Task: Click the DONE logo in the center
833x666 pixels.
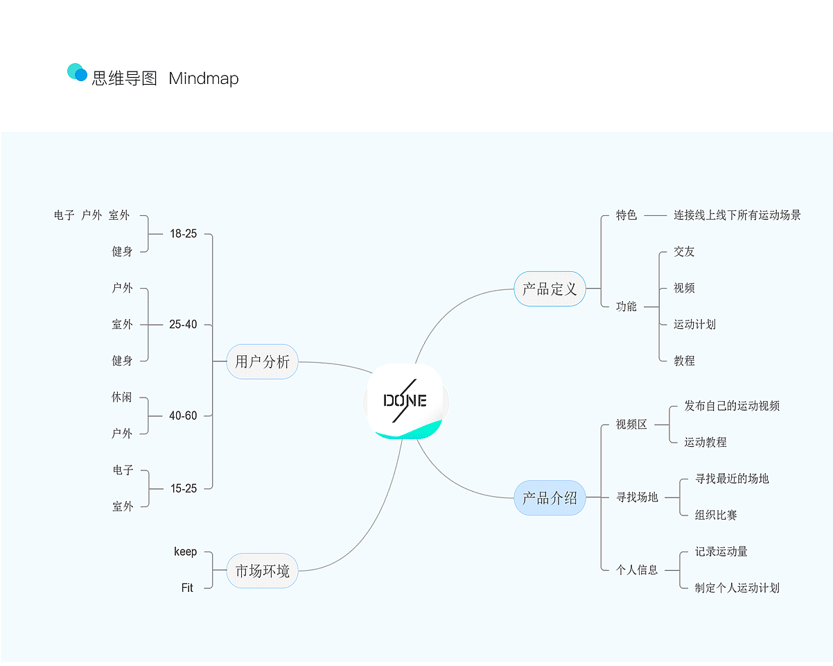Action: tap(405, 401)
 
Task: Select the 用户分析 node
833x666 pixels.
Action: tap(262, 361)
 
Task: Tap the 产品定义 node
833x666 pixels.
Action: tap(550, 289)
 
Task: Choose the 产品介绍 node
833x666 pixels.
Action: tap(550, 497)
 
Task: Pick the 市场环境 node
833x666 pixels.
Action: tap(262, 571)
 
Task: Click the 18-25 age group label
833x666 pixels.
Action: tap(183, 234)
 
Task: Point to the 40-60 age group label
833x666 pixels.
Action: tap(183, 416)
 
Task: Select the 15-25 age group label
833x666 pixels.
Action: tap(184, 488)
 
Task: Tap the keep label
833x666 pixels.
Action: tap(185, 552)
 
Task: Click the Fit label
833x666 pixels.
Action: tap(187, 588)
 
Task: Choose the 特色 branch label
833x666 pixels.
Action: tap(626, 215)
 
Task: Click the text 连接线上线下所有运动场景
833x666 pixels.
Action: tap(737, 215)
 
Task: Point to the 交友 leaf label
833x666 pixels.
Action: tap(684, 252)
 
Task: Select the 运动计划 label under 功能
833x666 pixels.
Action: tap(694, 324)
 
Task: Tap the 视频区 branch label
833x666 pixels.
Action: tap(631, 425)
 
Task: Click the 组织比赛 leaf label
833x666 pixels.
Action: tap(716, 515)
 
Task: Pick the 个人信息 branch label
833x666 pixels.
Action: tap(637, 570)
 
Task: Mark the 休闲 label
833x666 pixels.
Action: tap(122, 397)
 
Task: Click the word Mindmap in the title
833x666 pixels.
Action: tap(204, 78)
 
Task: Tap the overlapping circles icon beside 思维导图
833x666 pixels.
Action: tap(77, 72)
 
